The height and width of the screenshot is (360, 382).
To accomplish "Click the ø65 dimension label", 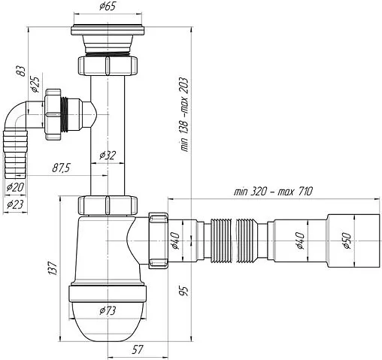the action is (x=108, y=6).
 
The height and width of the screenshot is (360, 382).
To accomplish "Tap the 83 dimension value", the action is (x=21, y=71).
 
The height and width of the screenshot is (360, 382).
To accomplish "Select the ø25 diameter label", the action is (x=35, y=84).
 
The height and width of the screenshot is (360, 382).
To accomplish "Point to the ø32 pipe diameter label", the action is (x=108, y=156).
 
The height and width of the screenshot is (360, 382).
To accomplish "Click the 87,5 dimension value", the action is (x=61, y=168).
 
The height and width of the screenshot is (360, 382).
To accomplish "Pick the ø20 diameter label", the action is (x=15, y=187).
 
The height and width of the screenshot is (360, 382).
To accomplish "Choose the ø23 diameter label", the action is (x=15, y=204).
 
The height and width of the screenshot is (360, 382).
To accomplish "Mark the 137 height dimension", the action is (x=53, y=268).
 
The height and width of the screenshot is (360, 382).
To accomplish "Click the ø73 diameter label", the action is (x=108, y=311).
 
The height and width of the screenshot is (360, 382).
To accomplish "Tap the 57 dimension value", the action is (x=138, y=349).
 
